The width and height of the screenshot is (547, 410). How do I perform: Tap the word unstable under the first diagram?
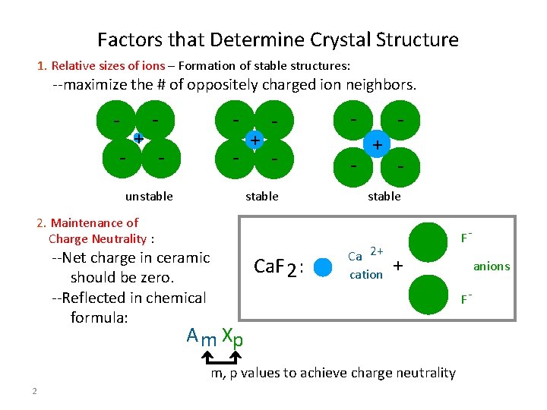(x=149, y=197)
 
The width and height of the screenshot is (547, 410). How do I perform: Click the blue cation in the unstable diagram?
(x=138, y=138)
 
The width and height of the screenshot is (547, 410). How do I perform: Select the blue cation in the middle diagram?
(x=255, y=140)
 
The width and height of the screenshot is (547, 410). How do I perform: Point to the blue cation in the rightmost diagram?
(x=375, y=143)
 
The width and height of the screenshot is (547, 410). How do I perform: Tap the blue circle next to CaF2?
(x=324, y=267)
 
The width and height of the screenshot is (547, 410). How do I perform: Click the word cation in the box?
(x=365, y=275)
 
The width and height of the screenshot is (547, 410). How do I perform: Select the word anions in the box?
(x=492, y=266)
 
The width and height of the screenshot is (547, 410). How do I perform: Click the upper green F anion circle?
(x=428, y=241)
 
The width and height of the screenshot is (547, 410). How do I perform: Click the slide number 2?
(x=35, y=391)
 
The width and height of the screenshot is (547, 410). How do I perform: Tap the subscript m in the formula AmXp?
(x=207, y=341)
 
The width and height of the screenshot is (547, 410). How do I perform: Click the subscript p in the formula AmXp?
(x=238, y=342)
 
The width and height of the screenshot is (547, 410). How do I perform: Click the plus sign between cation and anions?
(x=397, y=266)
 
